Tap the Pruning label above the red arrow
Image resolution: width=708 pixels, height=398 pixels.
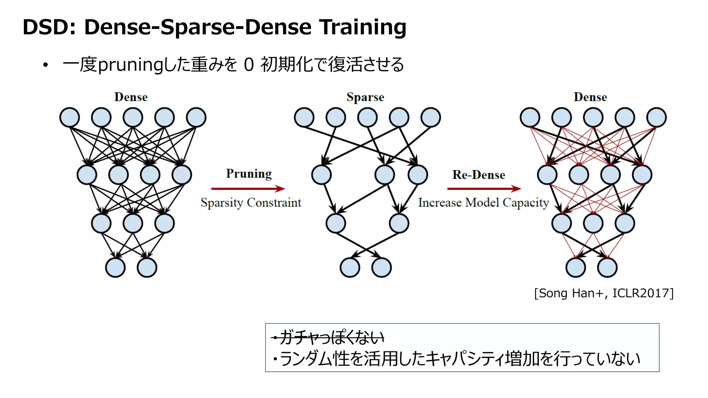tap(249, 173)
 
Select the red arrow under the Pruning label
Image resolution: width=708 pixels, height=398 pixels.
tap(248, 189)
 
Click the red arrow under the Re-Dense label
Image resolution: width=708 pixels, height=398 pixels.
tap(484, 189)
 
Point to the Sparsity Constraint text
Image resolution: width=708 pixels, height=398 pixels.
tap(251, 202)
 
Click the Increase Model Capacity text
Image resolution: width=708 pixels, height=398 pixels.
tap(483, 202)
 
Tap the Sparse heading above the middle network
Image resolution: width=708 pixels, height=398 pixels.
tap(365, 97)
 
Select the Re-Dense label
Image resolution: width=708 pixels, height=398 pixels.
tap(479, 174)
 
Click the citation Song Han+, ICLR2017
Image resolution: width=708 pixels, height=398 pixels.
tap(604, 293)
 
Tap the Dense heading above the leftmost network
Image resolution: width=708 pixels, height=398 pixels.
tap(131, 97)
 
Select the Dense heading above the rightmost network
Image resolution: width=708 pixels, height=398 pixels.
tap(590, 97)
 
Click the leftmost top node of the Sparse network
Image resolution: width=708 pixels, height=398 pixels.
tap(304, 117)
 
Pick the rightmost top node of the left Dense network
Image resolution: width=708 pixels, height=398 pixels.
tap(196, 117)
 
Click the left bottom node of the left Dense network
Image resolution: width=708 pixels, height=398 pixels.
tap(115, 267)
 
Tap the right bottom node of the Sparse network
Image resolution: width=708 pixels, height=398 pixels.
tap(382, 267)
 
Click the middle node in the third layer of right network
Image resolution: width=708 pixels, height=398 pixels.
tap(593, 223)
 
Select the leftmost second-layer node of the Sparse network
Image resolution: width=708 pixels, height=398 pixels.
tap(322, 174)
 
